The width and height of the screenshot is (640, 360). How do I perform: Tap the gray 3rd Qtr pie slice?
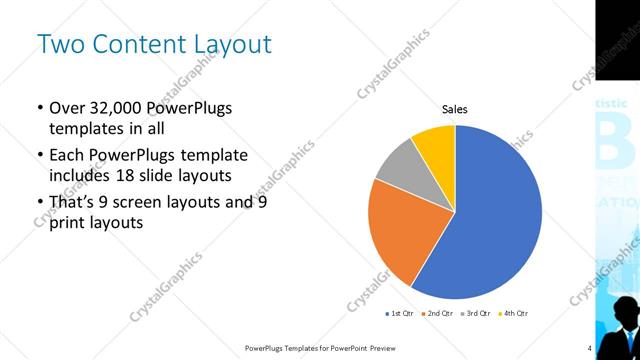click(x=396, y=164)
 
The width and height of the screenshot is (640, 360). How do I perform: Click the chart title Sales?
click(x=455, y=110)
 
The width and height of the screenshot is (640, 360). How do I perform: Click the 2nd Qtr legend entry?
click(x=440, y=313)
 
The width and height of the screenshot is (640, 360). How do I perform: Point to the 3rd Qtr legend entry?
click(x=476, y=313)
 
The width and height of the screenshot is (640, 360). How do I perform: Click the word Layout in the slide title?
click(x=226, y=45)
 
